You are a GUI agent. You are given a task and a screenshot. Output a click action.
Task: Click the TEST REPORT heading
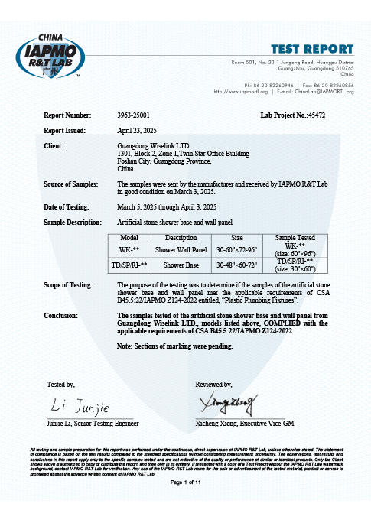tap(313, 50)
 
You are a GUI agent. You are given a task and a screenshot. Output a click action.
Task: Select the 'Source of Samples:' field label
tap(71, 185)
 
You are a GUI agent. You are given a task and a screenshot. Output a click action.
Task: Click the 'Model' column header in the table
tap(129, 238)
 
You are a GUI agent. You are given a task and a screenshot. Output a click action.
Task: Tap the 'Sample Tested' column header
tap(283, 238)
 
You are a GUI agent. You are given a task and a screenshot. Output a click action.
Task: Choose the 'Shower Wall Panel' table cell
tap(181, 249)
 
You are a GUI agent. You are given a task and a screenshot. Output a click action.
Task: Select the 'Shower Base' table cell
tap(181, 263)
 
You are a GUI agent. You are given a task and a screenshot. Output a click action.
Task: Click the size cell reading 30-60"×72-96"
tap(237, 249)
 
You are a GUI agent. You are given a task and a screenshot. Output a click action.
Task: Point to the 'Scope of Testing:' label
tap(70, 284)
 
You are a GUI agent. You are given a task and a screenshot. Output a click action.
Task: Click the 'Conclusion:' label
tap(62, 314)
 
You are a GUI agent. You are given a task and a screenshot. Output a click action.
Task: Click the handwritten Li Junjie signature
tap(80, 403)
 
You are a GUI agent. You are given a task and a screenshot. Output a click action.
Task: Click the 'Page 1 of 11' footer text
tap(185, 483)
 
